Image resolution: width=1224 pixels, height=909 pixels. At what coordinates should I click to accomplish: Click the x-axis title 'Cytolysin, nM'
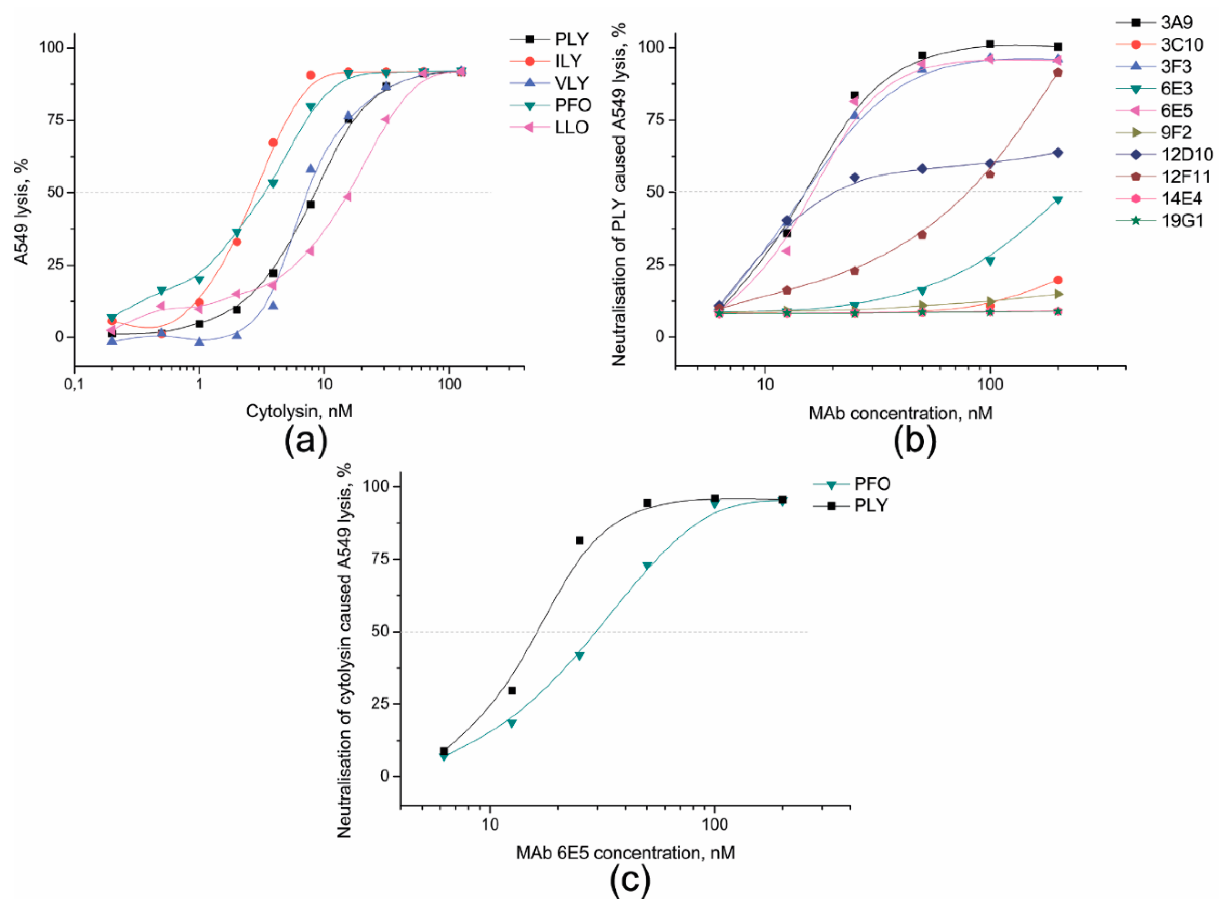(299, 411)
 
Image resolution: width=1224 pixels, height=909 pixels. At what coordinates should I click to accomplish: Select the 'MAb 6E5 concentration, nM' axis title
(626, 853)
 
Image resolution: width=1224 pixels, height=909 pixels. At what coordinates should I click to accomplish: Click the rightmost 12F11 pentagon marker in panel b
(1057, 73)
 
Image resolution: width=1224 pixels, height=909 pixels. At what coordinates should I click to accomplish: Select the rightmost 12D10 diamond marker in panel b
(1057, 153)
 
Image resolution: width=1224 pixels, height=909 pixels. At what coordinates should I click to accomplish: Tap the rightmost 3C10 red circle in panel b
(1057, 280)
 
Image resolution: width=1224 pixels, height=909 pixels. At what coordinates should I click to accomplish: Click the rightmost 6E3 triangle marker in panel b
(1057, 200)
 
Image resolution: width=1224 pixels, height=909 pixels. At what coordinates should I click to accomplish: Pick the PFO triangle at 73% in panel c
(647, 566)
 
